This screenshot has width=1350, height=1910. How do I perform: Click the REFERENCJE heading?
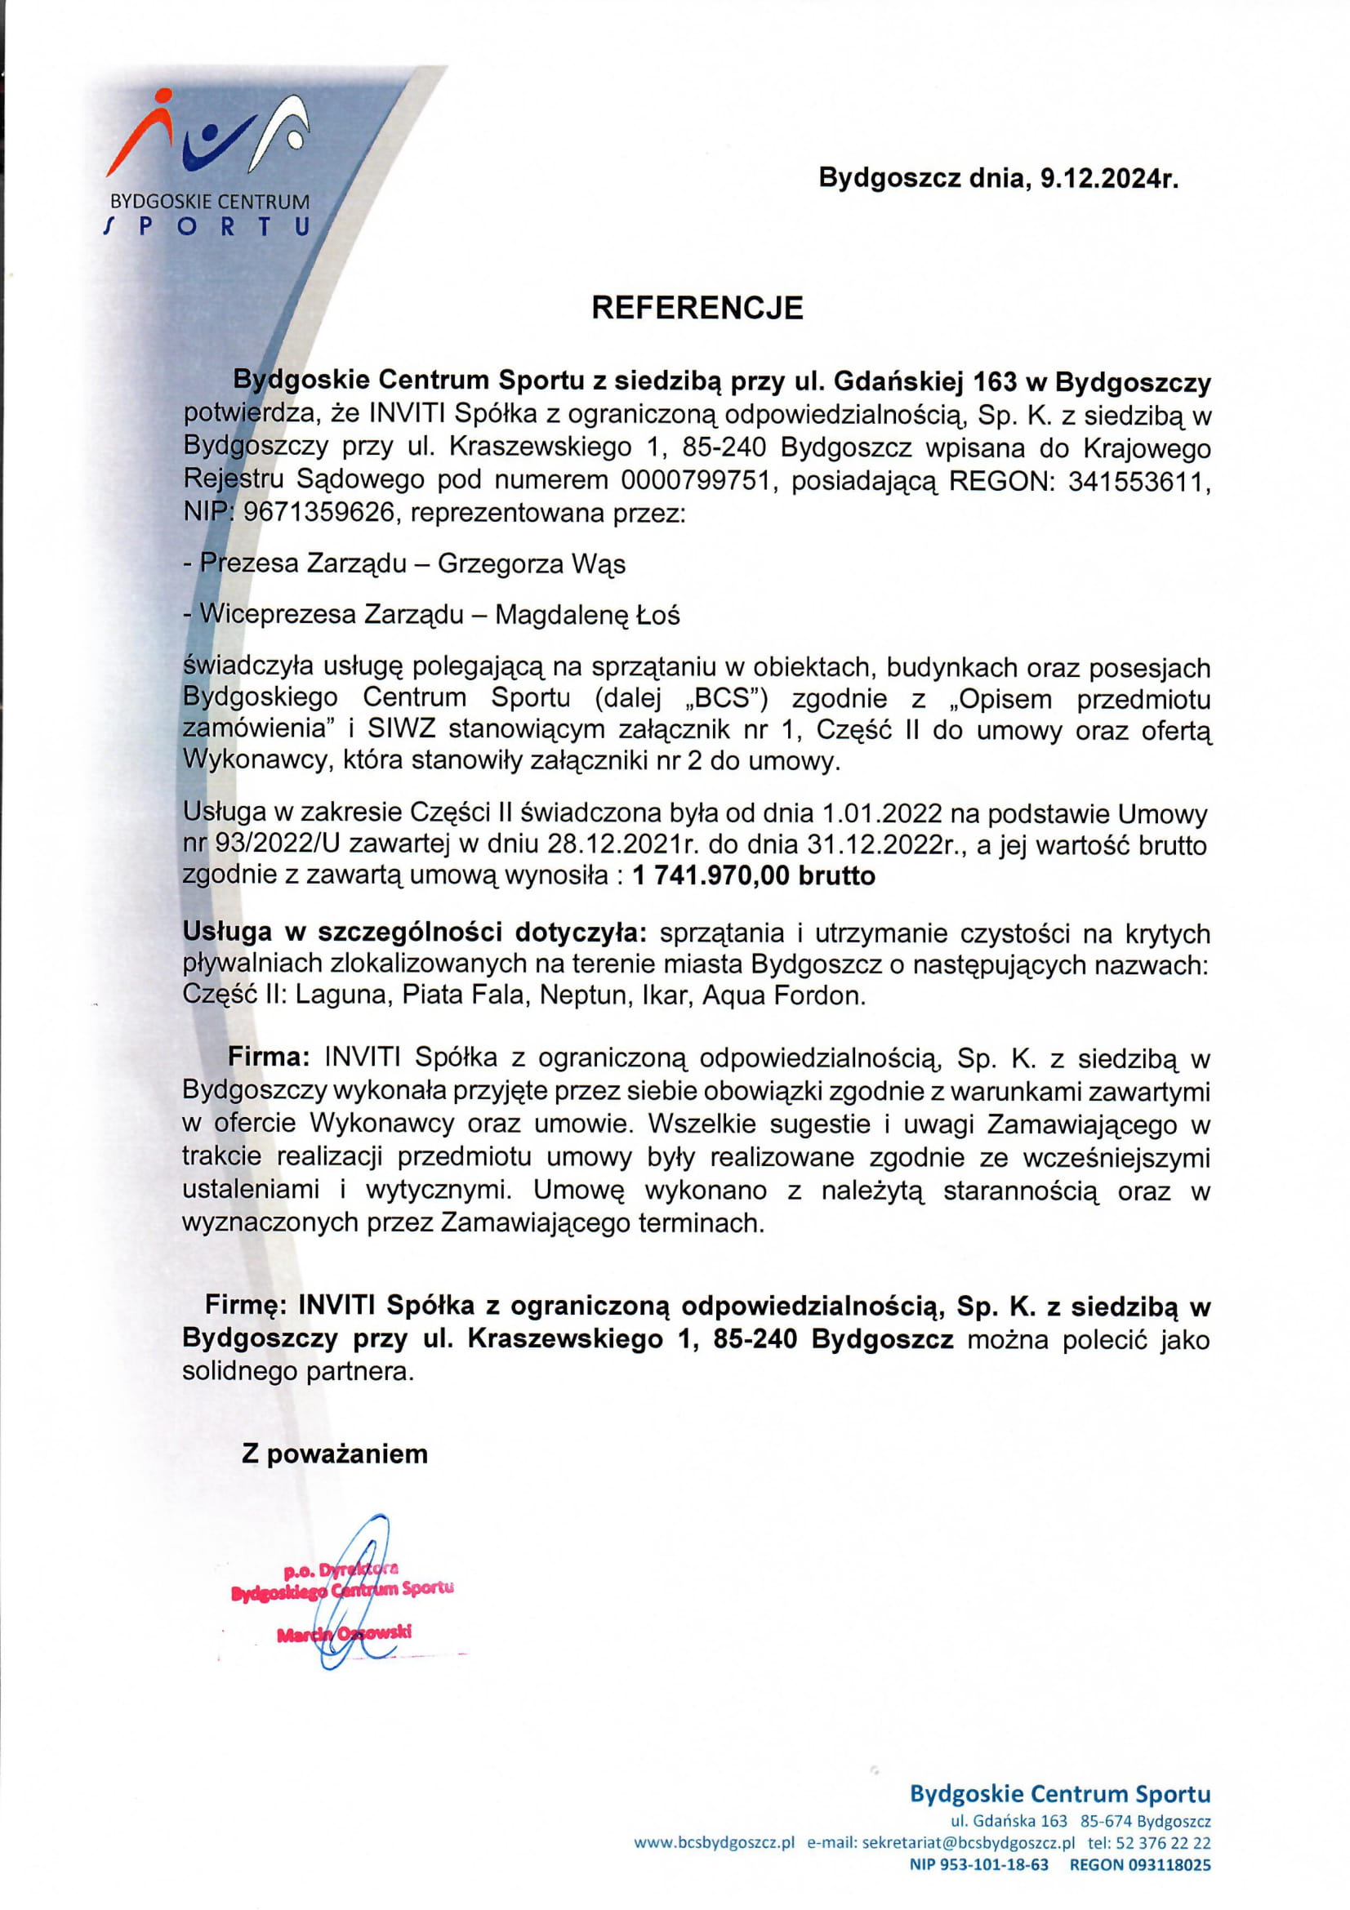coord(697,308)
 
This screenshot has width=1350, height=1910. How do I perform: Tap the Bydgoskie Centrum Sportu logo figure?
coord(208,137)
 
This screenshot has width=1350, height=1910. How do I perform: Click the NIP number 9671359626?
coord(318,513)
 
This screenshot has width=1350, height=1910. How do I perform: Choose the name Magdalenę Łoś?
coord(587,615)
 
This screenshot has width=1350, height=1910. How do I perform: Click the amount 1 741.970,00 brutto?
coord(754,876)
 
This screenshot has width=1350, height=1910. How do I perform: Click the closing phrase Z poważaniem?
coord(334,1454)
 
